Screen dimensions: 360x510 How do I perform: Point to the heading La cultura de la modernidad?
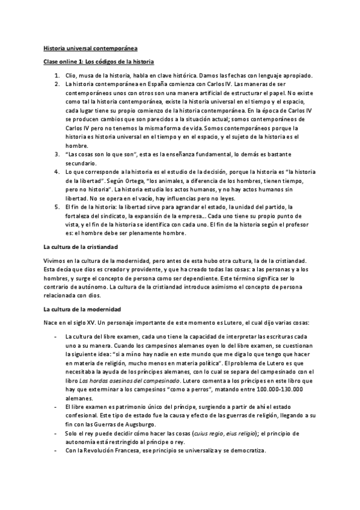point(82,309)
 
